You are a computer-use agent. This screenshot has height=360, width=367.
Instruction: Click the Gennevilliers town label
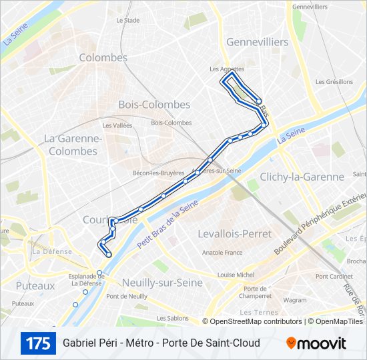pos(257,42)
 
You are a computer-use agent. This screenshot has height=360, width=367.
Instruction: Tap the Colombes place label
pos(103,58)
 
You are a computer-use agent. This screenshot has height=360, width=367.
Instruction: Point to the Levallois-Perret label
pos(235,234)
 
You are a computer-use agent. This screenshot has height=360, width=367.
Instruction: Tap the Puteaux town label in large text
pos(35,285)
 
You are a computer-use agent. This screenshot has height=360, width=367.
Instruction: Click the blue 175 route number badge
pos(38,343)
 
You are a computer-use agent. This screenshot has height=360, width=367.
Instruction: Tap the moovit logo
pos(316,343)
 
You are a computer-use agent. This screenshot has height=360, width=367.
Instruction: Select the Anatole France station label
pos(222,253)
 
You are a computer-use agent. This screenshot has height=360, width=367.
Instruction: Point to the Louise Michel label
pos(236,274)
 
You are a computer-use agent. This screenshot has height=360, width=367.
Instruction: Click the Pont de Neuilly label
pos(126,296)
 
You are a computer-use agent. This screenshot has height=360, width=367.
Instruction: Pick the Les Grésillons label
pos(335,82)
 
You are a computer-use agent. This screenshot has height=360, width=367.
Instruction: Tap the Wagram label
pos(295,301)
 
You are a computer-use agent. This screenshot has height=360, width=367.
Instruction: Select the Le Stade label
pos(127,20)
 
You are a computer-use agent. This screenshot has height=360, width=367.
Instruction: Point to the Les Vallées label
pos(117,125)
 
